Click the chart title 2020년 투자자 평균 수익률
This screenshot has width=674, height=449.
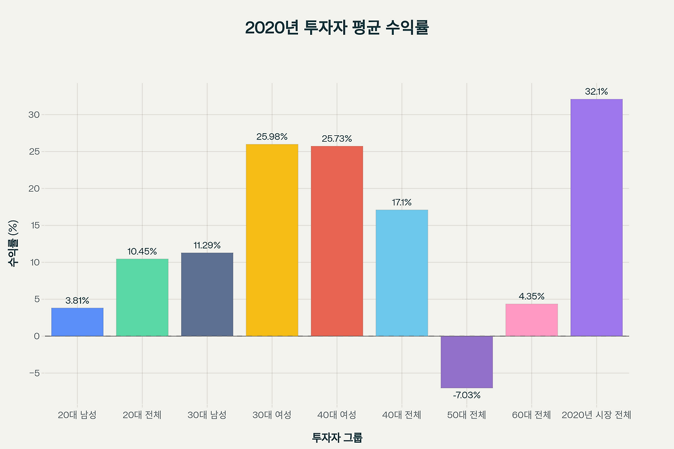[337, 28]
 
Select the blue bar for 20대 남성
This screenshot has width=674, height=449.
[77, 322]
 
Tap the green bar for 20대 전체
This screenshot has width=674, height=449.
[142, 297]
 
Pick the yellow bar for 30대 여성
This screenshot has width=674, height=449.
[272, 240]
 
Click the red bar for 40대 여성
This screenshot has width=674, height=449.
[337, 241]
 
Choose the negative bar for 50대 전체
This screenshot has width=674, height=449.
[467, 362]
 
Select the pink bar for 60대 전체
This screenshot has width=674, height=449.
[531, 320]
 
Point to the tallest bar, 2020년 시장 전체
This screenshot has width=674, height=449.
[597, 217]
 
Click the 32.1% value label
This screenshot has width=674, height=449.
[597, 92]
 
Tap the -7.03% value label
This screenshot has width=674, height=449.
[467, 395]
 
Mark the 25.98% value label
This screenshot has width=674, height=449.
[272, 137]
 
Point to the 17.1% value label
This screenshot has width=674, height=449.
[402, 203]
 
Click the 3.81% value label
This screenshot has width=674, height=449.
[77, 301]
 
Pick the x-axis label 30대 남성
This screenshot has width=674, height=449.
[207, 415]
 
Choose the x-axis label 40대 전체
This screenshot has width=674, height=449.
[402, 415]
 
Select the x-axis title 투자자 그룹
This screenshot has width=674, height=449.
[337, 437]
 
